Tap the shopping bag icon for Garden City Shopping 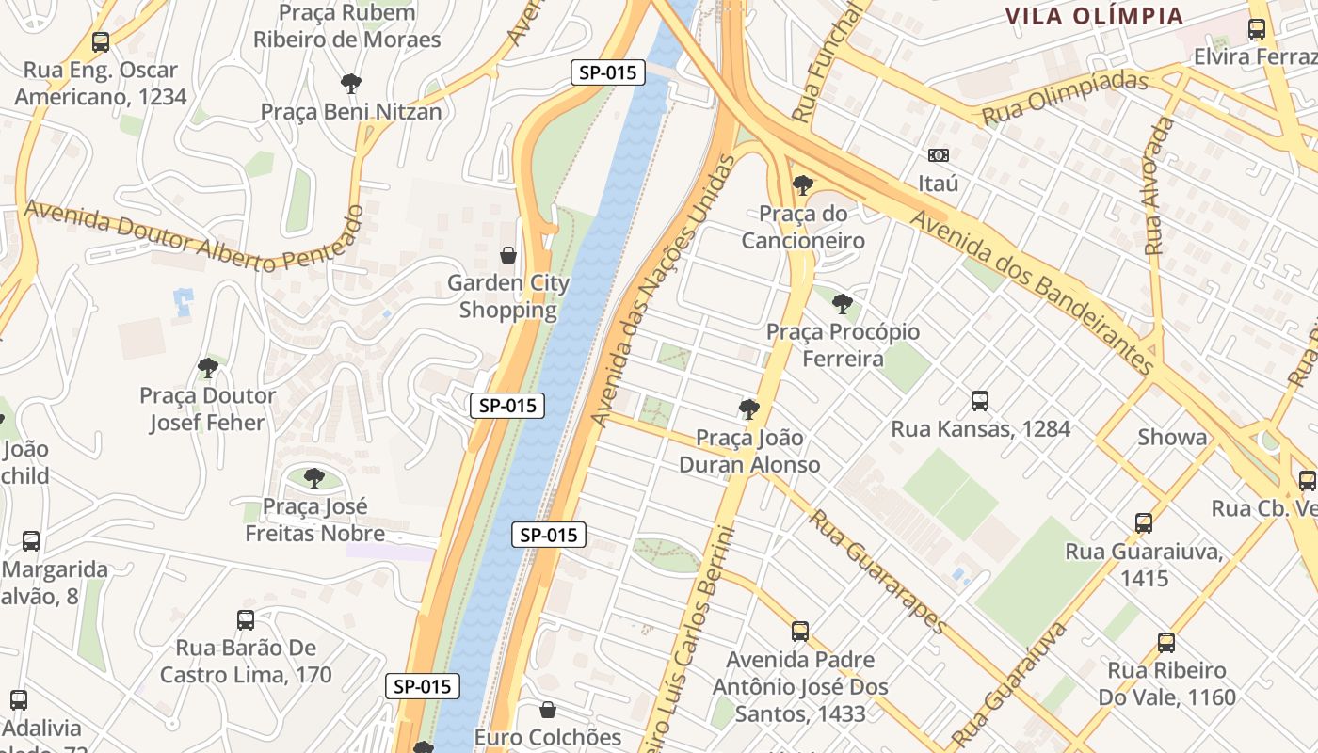pos(508,255)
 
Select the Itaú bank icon pos(938,155)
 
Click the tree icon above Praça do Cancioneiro pos(802,185)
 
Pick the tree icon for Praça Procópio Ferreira pos(843,304)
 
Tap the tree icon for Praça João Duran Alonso pos(749,409)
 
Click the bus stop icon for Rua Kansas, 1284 pos(980,401)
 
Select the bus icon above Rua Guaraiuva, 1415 pos(1144,523)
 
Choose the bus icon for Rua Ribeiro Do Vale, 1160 pos(1166,643)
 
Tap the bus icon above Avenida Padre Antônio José pos(800,632)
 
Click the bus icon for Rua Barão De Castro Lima pos(246,620)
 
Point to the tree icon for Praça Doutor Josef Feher pos(208,368)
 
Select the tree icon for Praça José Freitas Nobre pos(314,478)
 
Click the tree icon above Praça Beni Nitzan pos(351,84)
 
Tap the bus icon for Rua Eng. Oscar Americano pos(101,42)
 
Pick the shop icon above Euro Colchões pos(548,710)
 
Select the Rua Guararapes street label pos(876,571)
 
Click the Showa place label pos(1172,437)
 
